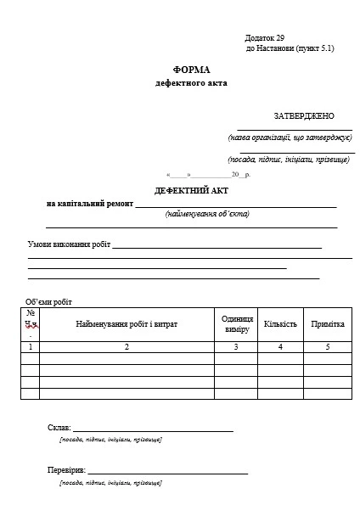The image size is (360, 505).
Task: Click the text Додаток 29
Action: point(265,38)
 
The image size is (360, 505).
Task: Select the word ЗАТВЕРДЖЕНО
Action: point(304,115)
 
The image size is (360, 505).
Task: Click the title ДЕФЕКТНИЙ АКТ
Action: point(192,190)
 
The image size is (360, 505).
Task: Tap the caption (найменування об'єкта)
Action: point(207,214)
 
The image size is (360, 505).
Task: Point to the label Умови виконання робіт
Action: point(69,244)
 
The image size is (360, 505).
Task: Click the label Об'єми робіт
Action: point(49,301)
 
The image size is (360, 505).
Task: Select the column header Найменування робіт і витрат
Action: point(127,324)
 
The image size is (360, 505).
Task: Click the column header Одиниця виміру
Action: point(237,323)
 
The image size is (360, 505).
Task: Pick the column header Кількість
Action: point(280,324)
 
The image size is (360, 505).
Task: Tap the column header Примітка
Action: point(327,324)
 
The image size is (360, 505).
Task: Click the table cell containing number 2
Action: point(127,347)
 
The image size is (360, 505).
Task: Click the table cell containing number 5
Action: point(327,347)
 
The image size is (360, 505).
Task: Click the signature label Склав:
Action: point(59,427)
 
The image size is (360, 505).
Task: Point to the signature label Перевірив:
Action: point(66,469)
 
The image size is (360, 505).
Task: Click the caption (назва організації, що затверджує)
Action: point(290,137)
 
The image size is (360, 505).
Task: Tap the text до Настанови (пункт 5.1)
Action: point(290,48)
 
